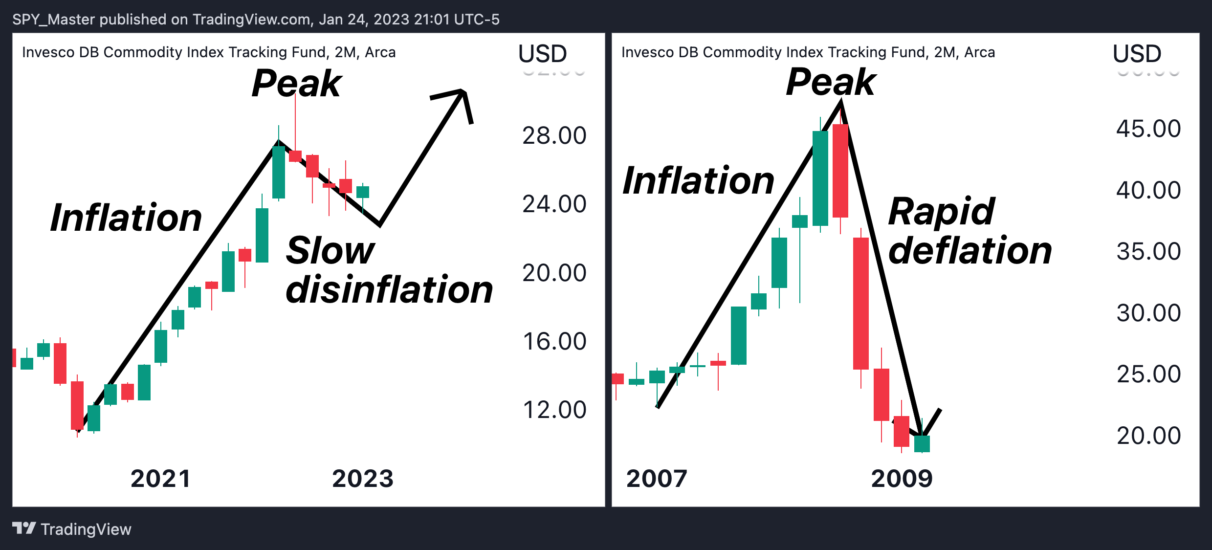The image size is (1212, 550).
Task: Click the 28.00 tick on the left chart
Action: pos(554,135)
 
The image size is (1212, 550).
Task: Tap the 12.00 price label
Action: pos(554,410)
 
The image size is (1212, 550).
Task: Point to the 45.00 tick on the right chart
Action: pos(1148,129)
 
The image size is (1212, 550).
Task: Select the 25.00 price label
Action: pos(1148,374)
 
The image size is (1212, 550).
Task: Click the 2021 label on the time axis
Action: pos(160,479)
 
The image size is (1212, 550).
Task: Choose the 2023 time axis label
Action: pos(363,479)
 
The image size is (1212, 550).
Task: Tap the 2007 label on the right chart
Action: pos(657,479)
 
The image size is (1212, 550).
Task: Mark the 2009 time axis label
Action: pos(902,479)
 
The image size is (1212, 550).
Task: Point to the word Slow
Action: pos(331,250)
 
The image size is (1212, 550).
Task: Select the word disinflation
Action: pos(389,289)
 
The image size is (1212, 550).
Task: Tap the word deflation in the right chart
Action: pos(970,250)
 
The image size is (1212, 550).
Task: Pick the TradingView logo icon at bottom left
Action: pos(24,528)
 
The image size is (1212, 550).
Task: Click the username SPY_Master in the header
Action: pos(54,20)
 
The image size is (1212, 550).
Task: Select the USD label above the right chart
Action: pos(1137,53)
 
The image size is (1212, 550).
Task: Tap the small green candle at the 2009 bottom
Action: pos(922,443)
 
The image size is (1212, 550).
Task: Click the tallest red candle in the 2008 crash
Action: pos(861,303)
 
